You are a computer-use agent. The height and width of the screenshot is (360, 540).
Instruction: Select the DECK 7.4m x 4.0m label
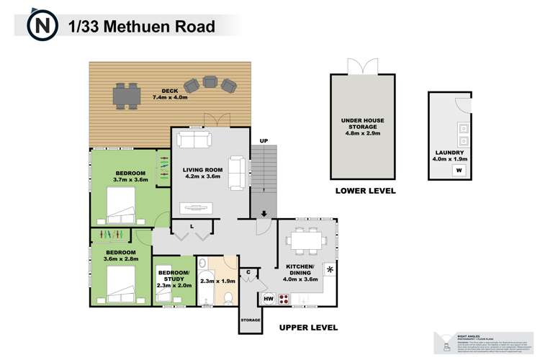tap(169, 94)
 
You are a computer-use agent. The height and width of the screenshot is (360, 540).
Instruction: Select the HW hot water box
tap(268, 297)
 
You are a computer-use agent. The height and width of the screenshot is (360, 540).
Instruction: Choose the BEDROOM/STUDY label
tap(174, 277)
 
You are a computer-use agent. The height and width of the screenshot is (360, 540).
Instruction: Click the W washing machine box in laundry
tap(458, 171)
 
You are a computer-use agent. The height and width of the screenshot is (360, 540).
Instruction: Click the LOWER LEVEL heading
tap(364, 192)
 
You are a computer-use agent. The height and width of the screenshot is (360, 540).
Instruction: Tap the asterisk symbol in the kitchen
tap(330, 269)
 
